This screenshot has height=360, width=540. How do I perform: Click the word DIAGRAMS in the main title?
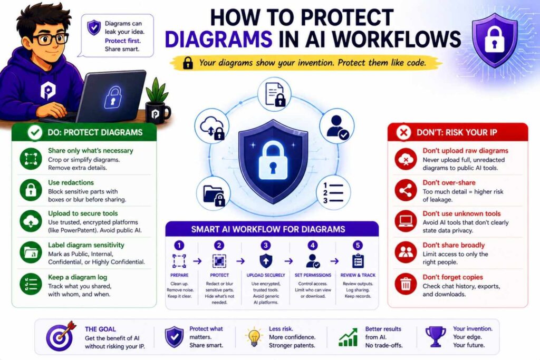[x=219, y=39]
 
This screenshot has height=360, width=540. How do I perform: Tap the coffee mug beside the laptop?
[x=157, y=112]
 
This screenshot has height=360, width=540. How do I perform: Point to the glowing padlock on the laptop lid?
[x=113, y=97]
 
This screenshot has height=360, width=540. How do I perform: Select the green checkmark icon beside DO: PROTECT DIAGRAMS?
[x=35, y=132]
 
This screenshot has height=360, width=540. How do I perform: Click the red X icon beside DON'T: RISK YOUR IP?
[x=403, y=132]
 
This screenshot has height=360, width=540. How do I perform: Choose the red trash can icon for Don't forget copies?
[x=406, y=284]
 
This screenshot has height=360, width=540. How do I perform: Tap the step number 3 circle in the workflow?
[x=266, y=245]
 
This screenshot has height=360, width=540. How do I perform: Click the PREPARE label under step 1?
[x=179, y=275]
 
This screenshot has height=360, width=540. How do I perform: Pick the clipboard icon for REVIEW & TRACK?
[x=358, y=261]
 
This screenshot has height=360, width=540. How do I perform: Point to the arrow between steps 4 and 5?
[x=334, y=261]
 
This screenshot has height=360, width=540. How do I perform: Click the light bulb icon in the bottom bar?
[x=254, y=337]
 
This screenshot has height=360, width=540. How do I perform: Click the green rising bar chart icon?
[x=348, y=337]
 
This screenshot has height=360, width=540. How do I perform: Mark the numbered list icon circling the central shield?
[x=333, y=193]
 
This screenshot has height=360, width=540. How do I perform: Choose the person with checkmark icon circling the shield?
[x=337, y=125]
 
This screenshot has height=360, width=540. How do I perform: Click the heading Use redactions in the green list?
[x=71, y=182]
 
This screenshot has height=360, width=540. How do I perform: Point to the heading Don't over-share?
[x=449, y=182]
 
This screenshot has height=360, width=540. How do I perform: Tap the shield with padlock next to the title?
[x=495, y=40]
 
